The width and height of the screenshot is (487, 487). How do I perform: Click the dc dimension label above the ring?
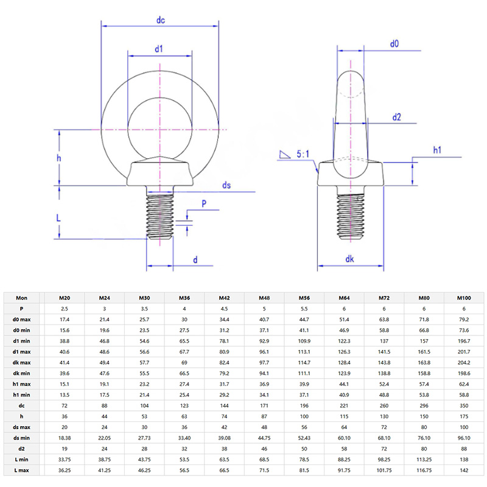coord(161,20)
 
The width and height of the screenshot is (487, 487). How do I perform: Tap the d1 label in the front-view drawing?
coord(159,49)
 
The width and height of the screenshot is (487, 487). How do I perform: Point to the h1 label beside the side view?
coord(437,150)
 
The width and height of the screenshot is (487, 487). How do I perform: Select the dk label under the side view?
coord(349,259)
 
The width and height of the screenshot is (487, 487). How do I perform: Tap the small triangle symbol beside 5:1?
coord(283,155)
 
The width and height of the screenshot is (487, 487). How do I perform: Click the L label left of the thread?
coord(58,217)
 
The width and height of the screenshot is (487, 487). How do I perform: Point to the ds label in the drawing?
coord(226,185)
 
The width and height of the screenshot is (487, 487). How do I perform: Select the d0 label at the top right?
coord(394,44)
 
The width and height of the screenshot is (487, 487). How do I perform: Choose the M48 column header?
coord(265,298)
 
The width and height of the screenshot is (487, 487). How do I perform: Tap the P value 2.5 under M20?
coord(64,309)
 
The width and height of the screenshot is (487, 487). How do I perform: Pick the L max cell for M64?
coord(344,470)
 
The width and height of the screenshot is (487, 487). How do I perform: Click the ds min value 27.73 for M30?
coord(144,437)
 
